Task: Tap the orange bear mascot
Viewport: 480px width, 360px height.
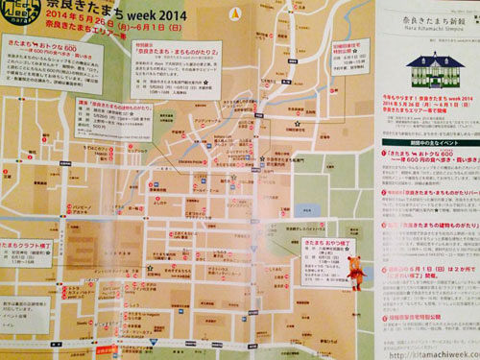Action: pyautogui.click(x=354, y=281)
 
